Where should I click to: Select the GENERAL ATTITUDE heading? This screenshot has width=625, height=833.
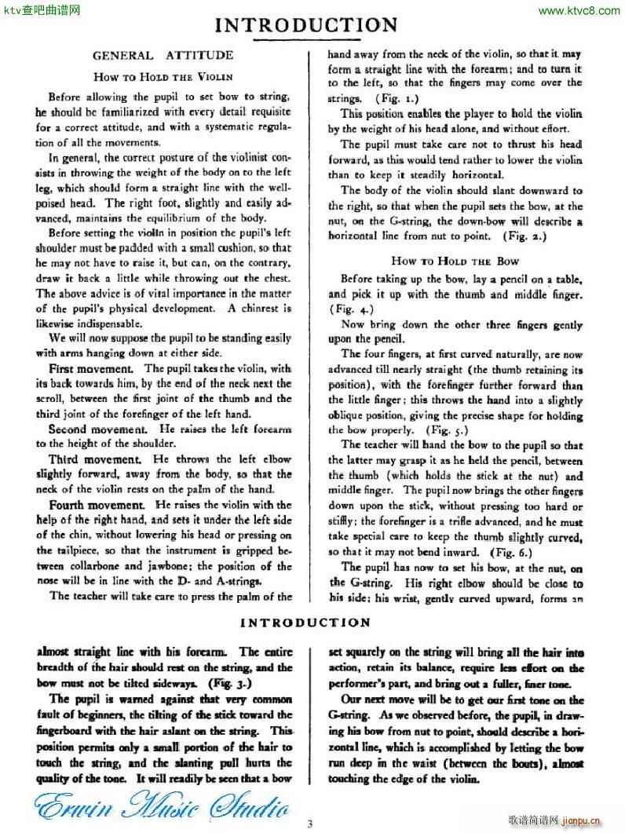pos(163,56)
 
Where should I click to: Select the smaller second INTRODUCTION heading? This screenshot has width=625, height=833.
pos(305,623)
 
